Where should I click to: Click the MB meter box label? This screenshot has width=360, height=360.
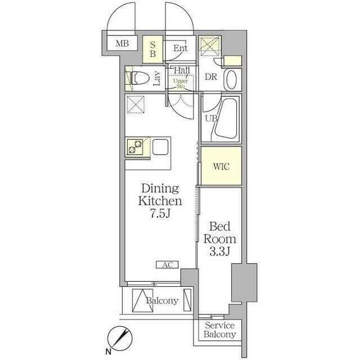tap(122, 43)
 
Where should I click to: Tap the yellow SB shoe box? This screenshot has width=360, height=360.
tap(152, 49)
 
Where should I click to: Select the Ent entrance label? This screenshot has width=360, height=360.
tap(181, 48)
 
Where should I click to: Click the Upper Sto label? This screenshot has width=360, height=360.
tap(181, 84)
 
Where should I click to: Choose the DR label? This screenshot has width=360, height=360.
tap(211, 77)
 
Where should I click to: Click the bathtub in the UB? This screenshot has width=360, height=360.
tap(226, 118)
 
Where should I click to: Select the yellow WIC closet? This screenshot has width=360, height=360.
tap(221, 165)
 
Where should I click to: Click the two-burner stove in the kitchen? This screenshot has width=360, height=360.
tap(135, 147)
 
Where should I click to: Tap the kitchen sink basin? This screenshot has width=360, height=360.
tap(160, 147)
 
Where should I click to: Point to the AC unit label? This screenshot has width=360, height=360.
tap(168, 265)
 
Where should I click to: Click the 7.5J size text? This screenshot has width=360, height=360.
tap(160, 214)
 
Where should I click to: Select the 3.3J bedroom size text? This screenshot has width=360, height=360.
tap(220, 252)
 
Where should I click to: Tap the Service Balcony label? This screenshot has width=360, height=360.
tap(220, 330)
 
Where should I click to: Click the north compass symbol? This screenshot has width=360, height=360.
tap(120, 339)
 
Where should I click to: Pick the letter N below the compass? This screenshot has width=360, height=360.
tap(108, 351)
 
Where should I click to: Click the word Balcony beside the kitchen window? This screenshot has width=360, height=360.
tap(163, 300)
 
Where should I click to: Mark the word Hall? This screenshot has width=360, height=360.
tap(182, 70)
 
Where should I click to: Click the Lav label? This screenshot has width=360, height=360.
tap(157, 79)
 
